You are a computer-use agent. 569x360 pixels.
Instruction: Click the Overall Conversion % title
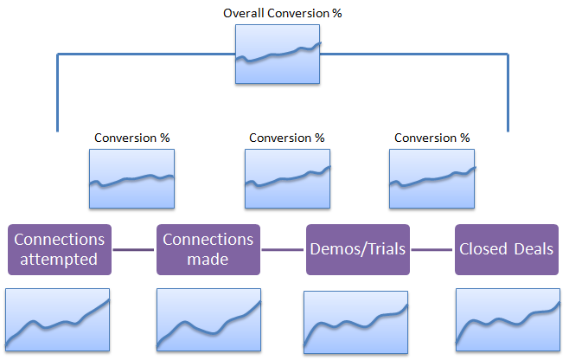coord(282,14)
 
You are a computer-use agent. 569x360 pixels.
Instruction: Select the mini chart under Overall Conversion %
coord(278,55)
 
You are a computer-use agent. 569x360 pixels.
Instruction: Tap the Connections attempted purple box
coord(60,249)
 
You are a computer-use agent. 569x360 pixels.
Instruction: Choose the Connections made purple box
coord(208,249)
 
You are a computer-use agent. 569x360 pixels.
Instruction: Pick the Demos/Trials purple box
coord(358,249)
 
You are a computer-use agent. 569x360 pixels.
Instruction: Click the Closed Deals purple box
coord(507,249)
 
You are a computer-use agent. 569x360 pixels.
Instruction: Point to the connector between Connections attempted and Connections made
coord(133,249)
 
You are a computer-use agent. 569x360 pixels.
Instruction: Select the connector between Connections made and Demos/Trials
coord(283,249)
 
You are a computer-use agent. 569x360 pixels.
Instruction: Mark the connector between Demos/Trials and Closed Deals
coord(432,249)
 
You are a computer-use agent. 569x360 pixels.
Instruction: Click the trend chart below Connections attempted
coord(57,319)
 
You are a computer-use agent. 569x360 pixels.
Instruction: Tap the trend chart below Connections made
coord(208,319)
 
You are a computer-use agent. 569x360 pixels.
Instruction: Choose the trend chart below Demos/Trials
coord(356,322)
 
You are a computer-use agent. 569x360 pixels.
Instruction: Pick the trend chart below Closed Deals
coord(508,319)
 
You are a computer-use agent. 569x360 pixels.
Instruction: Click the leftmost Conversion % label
coord(132,138)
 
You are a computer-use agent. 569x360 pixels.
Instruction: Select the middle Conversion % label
coord(287,138)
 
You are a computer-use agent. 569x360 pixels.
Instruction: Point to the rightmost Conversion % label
coord(432,138)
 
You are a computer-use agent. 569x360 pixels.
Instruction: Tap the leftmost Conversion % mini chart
coord(131,179)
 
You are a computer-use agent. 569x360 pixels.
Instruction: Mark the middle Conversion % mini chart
coord(287,179)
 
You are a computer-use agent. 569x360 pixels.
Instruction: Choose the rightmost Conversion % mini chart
coord(432,179)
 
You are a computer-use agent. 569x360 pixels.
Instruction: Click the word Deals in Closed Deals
coord(534,249)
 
